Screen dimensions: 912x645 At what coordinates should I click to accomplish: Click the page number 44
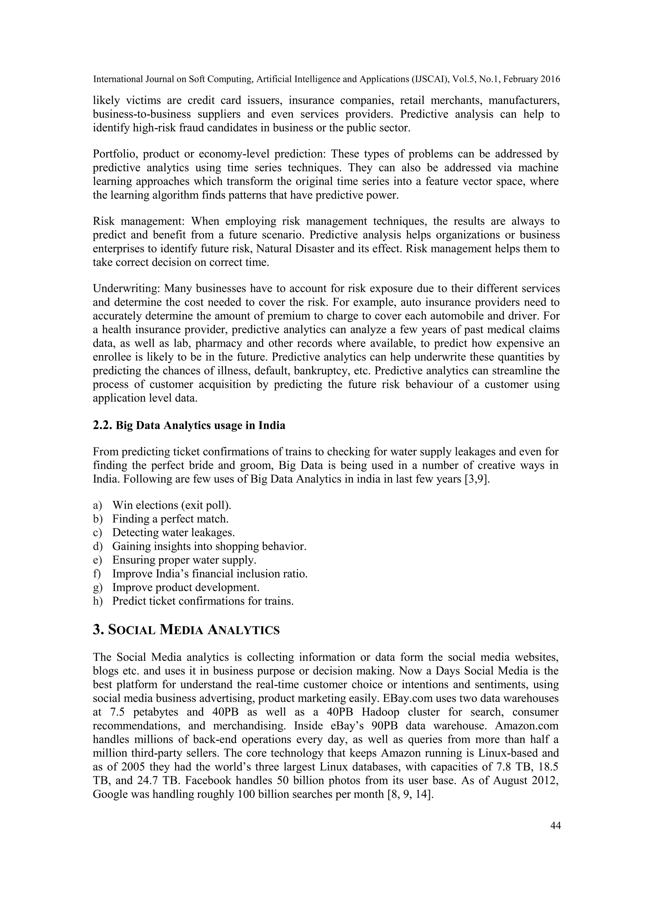point(555,826)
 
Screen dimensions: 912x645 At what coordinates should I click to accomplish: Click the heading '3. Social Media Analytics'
point(186,630)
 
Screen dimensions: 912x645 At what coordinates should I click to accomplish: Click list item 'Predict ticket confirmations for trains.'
point(203,601)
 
